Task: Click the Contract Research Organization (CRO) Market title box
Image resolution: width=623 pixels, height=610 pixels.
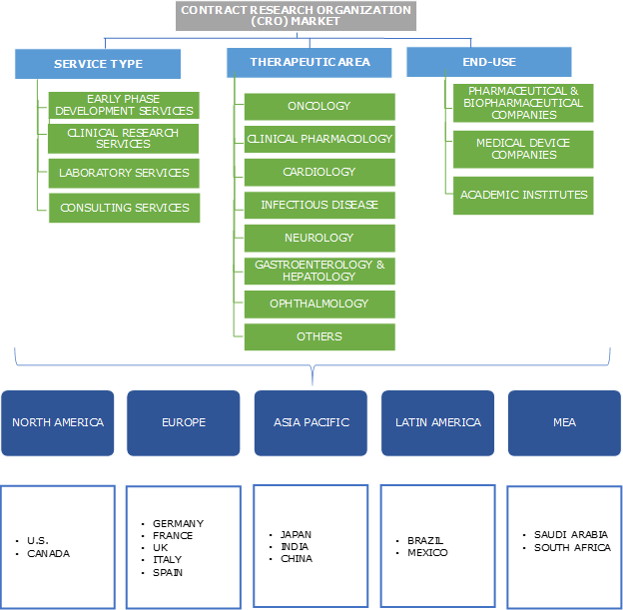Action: click(x=296, y=16)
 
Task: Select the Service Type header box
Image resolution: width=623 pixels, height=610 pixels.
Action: click(x=98, y=64)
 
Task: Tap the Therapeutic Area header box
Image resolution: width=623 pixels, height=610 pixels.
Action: click(x=310, y=62)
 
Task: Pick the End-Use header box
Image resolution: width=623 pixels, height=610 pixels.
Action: click(x=489, y=62)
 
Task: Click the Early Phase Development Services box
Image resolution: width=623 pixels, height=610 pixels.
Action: click(x=125, y=105)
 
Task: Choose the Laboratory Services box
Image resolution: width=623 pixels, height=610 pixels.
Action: click(x=125, y=173)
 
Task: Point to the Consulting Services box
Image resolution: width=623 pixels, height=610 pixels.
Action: click(x=125, y=208)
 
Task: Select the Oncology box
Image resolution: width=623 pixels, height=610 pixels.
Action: click(x=319, y=106)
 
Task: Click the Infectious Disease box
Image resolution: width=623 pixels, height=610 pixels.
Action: click(x=319, y=205)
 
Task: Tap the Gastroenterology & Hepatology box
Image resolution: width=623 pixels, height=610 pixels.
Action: click(x=319, y=271)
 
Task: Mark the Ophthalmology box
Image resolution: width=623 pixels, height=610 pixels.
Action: click(x=319, y=304)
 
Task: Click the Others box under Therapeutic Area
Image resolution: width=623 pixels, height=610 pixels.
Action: click(x=319, y=336)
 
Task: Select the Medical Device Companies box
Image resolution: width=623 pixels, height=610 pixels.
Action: click(x=523, y=149)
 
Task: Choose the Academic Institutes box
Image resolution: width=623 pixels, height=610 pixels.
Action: click(x=523, y=195)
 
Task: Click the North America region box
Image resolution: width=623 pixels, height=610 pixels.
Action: click(x=58, y=422)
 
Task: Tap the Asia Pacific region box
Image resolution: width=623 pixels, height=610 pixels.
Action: click(x=311, y=422)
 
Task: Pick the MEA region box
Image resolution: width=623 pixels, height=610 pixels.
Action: click(x=564, y=422)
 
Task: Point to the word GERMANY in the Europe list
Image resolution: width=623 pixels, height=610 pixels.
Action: click(x=179, y=523)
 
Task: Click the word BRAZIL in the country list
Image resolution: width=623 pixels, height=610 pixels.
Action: click(x=425, y=540)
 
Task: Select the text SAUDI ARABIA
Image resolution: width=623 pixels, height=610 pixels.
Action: click(x=571, y=534)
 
